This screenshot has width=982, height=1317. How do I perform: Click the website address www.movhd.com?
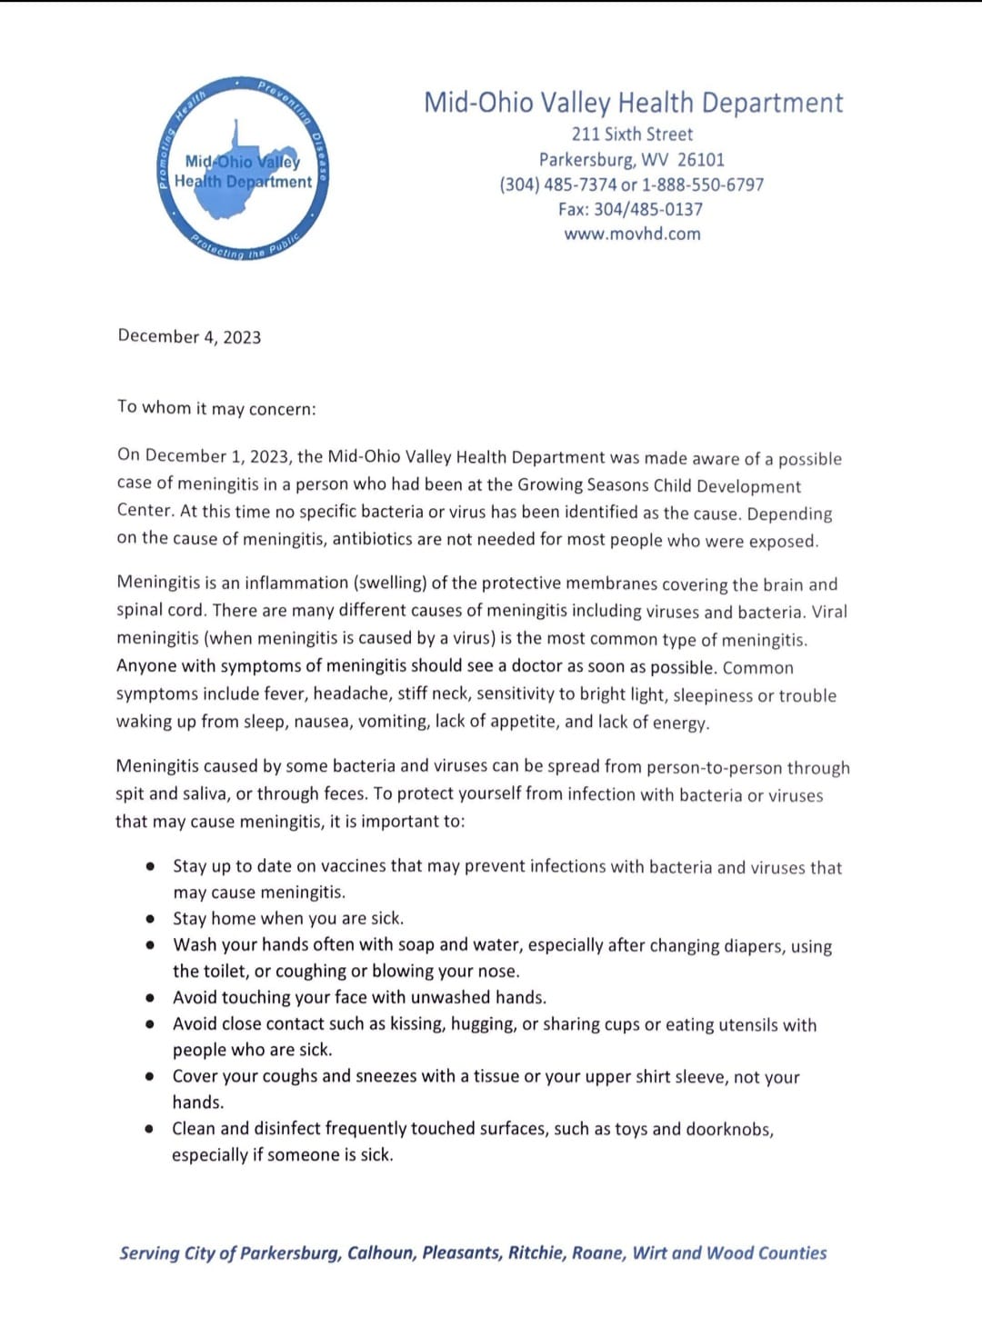[x=632, y=234]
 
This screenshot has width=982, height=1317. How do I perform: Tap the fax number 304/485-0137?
[x=648, y=209]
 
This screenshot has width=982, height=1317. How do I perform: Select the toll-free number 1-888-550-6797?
[x=703, y=185]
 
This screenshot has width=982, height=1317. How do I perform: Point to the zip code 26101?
[x=701, y=160]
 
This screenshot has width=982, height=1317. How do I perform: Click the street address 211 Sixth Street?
[x=632, y=135]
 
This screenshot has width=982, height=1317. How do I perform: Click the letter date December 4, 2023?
[x=189, y=337]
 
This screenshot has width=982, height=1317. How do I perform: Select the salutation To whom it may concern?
[x=216, y=408]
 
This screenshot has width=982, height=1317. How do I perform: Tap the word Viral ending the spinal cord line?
[x=828, y=612]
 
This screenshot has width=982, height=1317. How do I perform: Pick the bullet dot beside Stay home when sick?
[x=150, y=919]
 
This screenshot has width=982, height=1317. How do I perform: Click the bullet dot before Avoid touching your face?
[x=150, y=998]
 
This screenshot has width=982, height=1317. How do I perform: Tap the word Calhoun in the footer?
[x=381, y=1253]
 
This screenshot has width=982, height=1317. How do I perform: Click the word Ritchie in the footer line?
[x=536, y=1253]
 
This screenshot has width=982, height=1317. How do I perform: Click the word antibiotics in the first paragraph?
[x=383, y=539]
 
